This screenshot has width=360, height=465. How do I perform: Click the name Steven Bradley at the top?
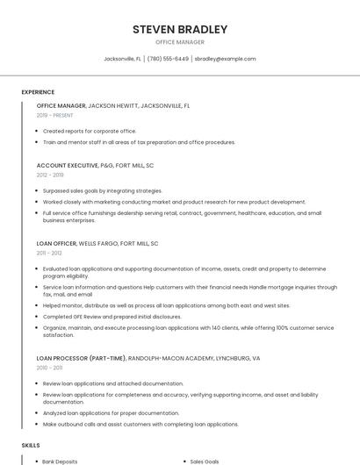click(180, 29)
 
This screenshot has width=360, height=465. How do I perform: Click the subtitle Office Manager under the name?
click(180, 42)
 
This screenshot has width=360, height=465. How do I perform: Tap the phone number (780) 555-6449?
click(168, 59)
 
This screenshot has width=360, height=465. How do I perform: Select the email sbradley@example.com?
click(225, 59)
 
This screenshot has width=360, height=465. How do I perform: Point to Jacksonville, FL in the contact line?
click(123, 59)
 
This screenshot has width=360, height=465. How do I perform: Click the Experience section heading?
click(38, 92)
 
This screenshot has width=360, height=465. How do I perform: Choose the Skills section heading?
click(31, 446)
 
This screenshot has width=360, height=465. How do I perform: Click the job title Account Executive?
click(61, 165)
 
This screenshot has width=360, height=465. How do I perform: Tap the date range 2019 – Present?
click(54, 115)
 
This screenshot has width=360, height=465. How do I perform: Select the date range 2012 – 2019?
click(50, 175)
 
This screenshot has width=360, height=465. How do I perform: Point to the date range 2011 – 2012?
click(49, 253)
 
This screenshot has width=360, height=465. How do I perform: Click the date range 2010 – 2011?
click(49, 368)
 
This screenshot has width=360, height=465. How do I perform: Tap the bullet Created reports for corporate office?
click(90, 131)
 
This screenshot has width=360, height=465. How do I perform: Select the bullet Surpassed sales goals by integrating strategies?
click(103, 190)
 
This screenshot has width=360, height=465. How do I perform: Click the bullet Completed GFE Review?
click(112, 317)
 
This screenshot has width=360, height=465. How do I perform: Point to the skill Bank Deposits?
click(60, 461)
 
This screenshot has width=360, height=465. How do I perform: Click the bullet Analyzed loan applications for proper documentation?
click(111, 412)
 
